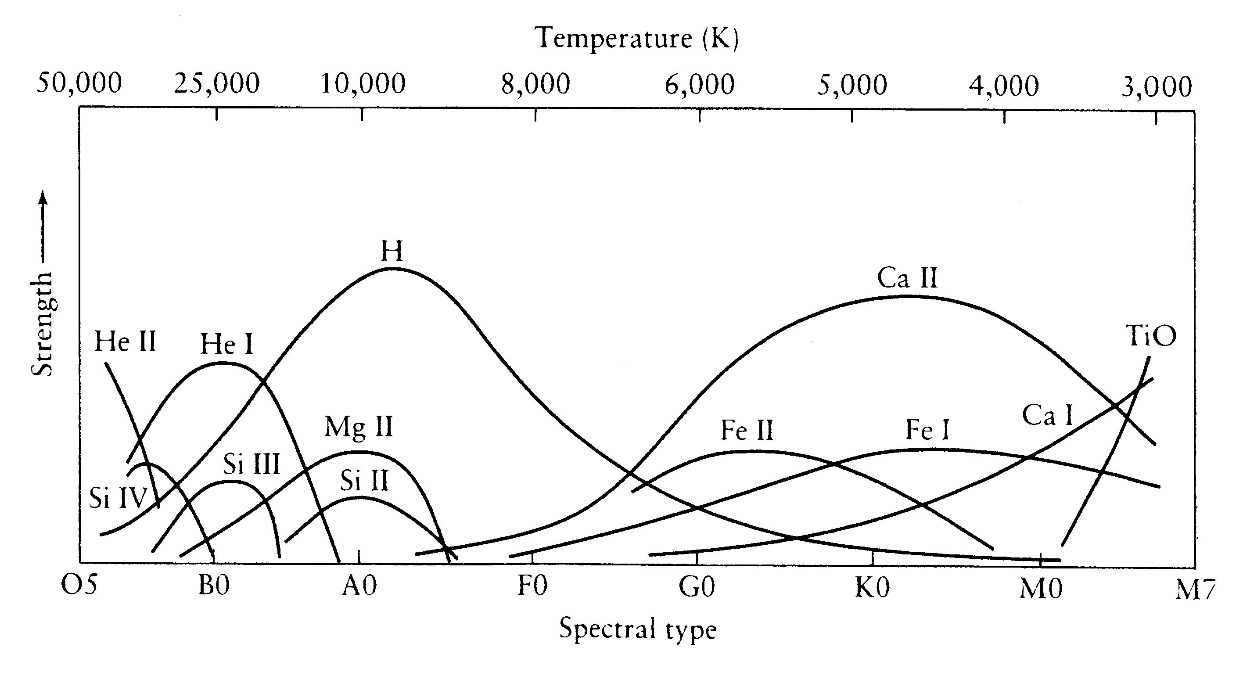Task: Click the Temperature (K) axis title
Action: (x=636, y=38)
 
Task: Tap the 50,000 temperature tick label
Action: (x=79, y=83)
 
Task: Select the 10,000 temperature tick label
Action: (x=363, y=84)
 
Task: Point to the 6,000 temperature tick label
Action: (x=700, y=85)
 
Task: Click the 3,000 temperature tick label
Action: (x=1156, y=87)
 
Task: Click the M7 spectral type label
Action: (x=1195, y=590)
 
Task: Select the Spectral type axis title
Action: (x=637, y=629)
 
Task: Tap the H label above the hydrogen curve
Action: (x=392, y=251)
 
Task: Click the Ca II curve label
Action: (x=907, y=278)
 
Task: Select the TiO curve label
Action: (x=1151, y=336)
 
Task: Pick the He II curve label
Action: (x=125, y=342)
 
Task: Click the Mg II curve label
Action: (x=359, y=427)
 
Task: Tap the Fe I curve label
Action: (x=927, y=430)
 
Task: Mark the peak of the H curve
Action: (x=392, y=268)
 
